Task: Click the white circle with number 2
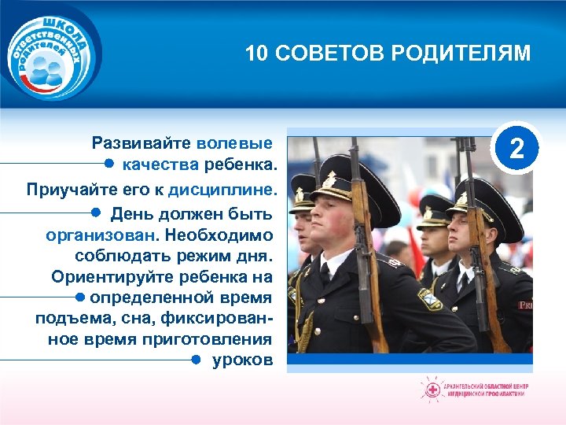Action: click(515, 146)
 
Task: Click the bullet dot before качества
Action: click(109, 164)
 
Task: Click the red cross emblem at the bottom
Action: click(432, 390)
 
